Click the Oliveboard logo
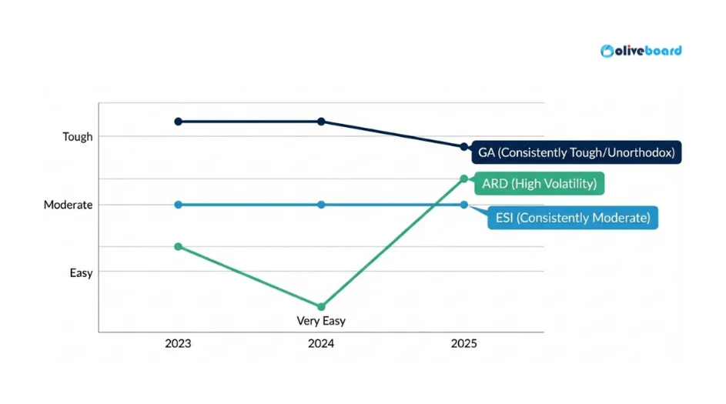click(641, 51)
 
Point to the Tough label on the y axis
click(77, 137)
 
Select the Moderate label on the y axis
click(68, 205)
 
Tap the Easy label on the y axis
click(81, 272)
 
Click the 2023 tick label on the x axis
click(178, 343)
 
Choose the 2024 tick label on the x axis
click(321, 343)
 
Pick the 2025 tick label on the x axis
click(463, 343)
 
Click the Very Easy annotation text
click(321, 321)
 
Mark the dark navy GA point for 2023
click(178, 122)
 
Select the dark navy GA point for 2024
click(321, 122)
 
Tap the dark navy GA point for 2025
click(463, 146)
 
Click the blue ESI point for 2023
click(178, 205)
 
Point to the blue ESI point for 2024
click(321, 205)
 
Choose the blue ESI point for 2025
click(463, 205)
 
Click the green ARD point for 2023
click(178, 246)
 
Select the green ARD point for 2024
click(321, 306)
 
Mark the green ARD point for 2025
click(463, 179)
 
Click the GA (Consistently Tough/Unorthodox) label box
click(576, 152)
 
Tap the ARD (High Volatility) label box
click(539, 184)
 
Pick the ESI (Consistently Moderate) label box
click(572, 218)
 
